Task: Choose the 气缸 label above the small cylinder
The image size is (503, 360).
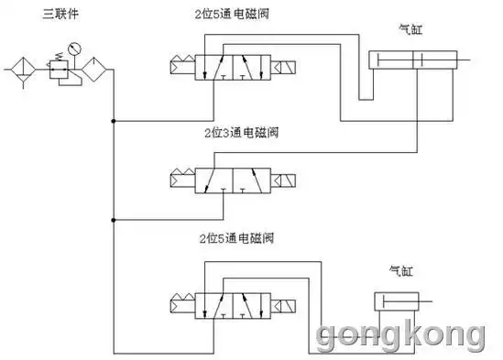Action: [402, 272]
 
